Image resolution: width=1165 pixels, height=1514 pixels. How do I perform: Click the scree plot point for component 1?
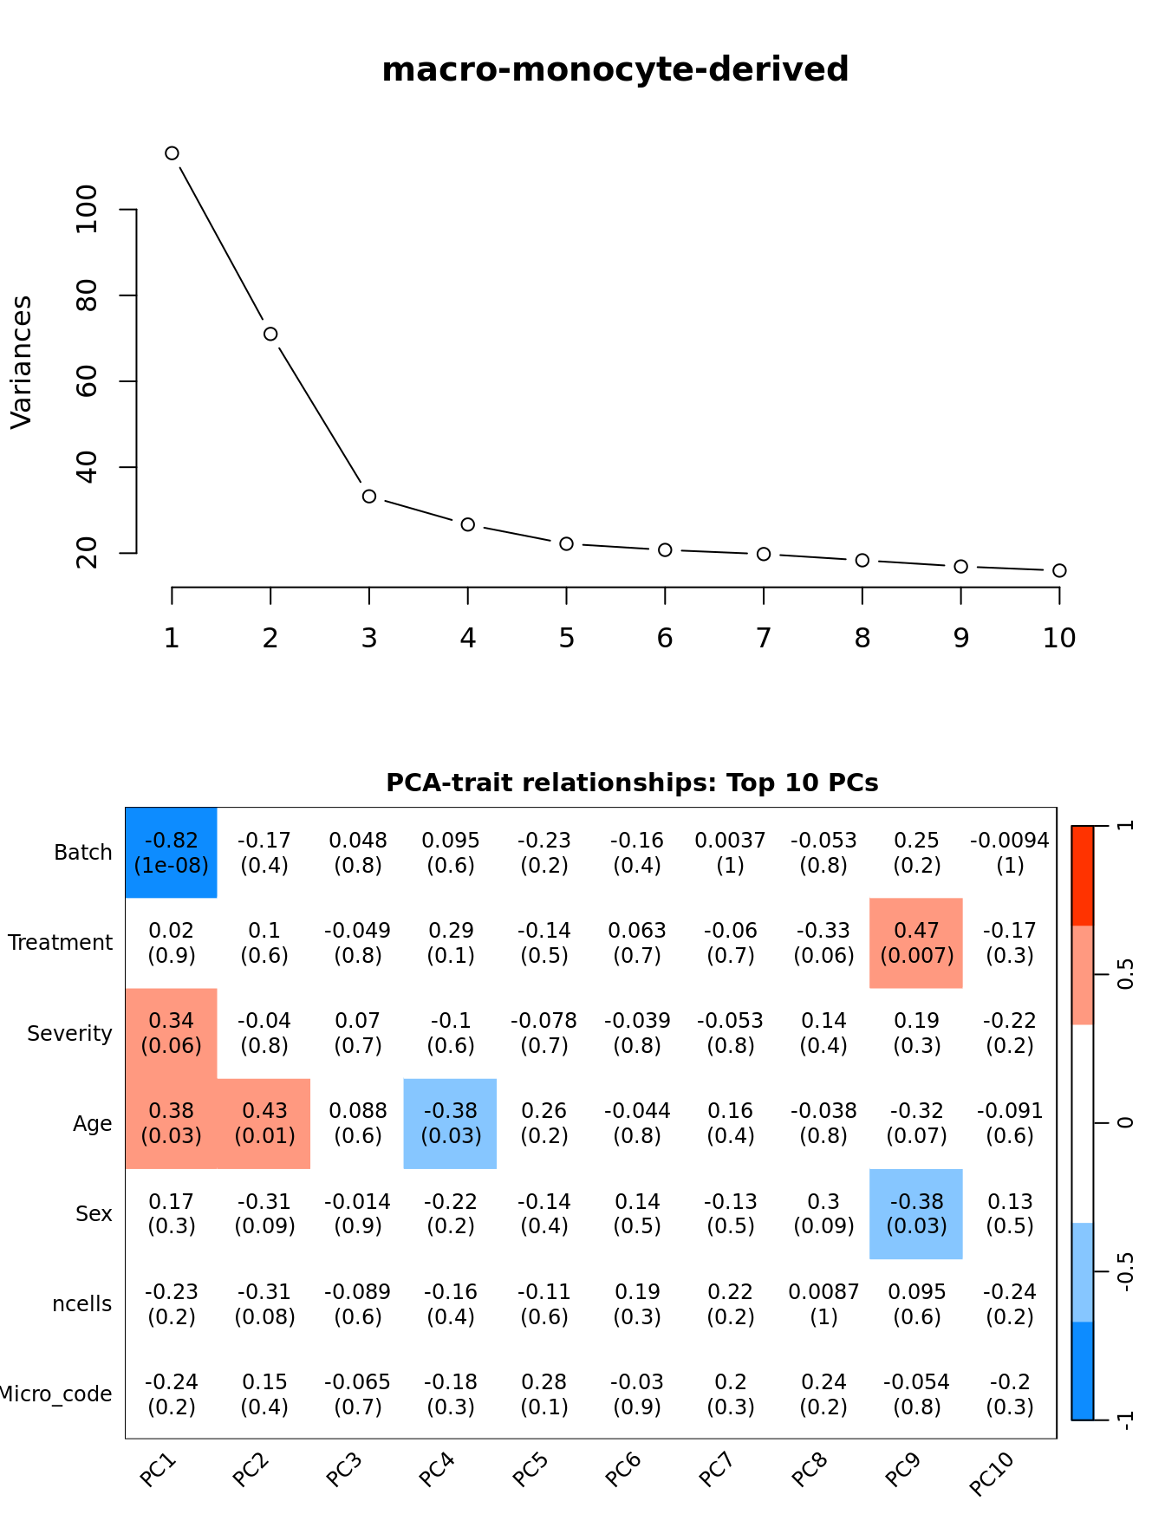[172, 153]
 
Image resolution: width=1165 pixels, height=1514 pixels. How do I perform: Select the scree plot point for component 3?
[369, 497]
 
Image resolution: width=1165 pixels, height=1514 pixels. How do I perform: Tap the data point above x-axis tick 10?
[1059, 570]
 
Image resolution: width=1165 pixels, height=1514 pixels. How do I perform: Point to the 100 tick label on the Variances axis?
[87, 209]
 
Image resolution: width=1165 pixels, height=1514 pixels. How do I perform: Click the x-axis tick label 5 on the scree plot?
[566, 639]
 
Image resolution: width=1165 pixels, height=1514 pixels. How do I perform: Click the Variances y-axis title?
[21, 361]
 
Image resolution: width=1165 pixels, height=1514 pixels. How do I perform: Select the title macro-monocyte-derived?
[615, 69]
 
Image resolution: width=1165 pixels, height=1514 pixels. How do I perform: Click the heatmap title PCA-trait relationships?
[632, 783]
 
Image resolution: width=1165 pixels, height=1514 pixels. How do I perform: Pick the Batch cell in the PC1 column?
[172, 853]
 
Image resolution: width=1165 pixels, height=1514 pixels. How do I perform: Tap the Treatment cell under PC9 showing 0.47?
[916, 943]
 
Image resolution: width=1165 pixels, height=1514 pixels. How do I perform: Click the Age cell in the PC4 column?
[451, 1123]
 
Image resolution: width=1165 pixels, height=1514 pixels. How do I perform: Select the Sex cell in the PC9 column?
[916, 1213]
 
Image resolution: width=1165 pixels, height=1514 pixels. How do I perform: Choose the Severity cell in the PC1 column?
[172, 1033]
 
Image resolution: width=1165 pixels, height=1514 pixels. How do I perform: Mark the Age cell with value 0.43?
[264, 1123]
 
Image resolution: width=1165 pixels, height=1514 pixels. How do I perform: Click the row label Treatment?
[61, 943]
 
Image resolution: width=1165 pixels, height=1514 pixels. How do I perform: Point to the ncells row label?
[82, 1304]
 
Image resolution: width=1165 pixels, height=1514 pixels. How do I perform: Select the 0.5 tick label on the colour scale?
[1125, 975]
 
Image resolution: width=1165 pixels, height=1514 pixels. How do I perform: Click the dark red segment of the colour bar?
[1082, 875]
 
